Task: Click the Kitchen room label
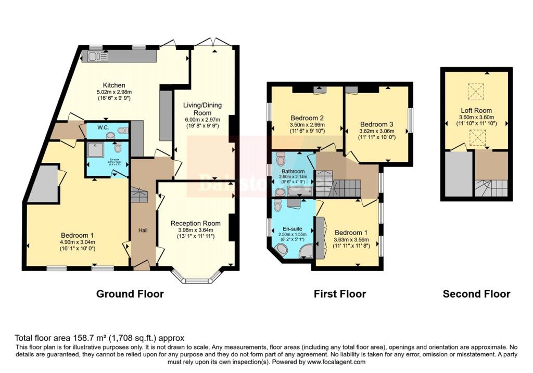(x=113, y=85)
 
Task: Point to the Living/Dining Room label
(x=202, y=109)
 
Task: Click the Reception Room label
(x=195, y=223)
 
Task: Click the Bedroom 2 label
(x=307, y=117)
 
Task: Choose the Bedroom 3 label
(x=377, y=124)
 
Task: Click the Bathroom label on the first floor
(x=293, y=171)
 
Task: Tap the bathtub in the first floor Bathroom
(x=296, y=192)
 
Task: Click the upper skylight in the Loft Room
(x=475, y=92)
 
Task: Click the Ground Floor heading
(x=130, y=294)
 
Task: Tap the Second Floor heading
(x=476, y=294)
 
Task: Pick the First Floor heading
(x=339, y=294)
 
